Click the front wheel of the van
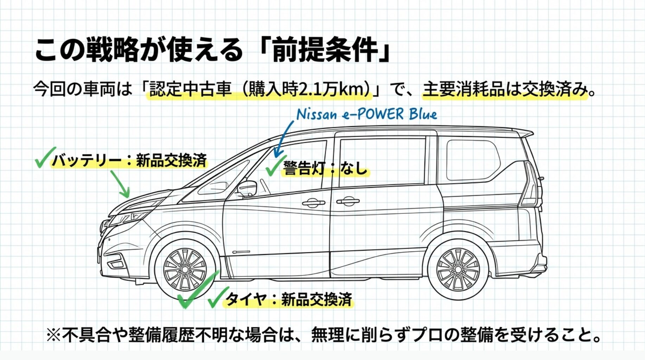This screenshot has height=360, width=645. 185,269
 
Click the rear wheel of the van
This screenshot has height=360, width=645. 458,269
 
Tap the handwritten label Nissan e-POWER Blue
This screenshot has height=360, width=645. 367,114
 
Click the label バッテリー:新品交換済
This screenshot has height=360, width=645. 129,161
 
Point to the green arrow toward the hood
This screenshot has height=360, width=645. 121,184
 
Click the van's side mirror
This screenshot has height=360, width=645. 247,188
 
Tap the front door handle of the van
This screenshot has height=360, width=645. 313,202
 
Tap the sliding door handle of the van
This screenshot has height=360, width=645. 347,201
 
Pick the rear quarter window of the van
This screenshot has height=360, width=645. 473,160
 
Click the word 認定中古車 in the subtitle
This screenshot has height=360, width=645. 190,89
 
